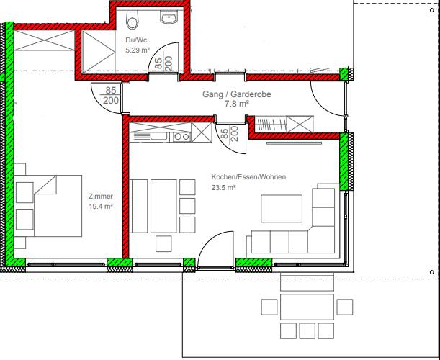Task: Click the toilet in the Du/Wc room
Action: (133, 19)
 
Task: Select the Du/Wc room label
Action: (136, 40)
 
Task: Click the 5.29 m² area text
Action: (138, 50)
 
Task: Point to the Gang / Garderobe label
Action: (237, 94)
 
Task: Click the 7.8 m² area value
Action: (237, 104)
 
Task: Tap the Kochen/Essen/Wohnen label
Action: (248, 177)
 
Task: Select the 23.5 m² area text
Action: (223, 187)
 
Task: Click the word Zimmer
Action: (101, 197)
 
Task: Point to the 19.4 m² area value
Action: (101, 207)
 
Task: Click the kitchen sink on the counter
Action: (160, 136)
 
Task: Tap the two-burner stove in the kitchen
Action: (182, 137)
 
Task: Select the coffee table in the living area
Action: (282, 209)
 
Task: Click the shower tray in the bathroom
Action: (98, 52)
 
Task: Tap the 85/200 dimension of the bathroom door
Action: (163, 63)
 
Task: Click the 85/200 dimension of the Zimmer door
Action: (111, 96)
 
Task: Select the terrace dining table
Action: (307, 307)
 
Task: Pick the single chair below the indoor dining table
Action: (163, 243)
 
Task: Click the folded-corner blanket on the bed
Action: (45, 184)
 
